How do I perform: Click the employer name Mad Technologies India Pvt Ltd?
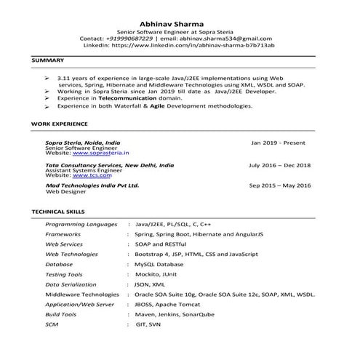(x=92, y=186)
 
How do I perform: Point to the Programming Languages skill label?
(x=81, y=225)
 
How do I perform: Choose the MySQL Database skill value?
(x=164, y=265)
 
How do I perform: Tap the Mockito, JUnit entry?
(x=157, y=275)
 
